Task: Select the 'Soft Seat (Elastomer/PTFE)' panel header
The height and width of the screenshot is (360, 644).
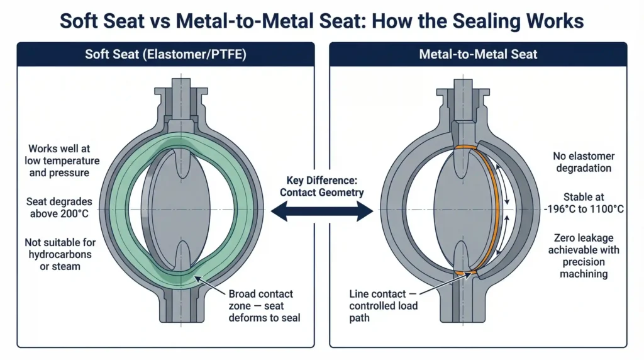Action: pyautogui.click(x=165, y=54)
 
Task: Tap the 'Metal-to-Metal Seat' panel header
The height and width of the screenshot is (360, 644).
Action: pyautogui.click(x=478, y=54)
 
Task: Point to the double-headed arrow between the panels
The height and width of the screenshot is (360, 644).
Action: pyautogui.click(x=322, y=213)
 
